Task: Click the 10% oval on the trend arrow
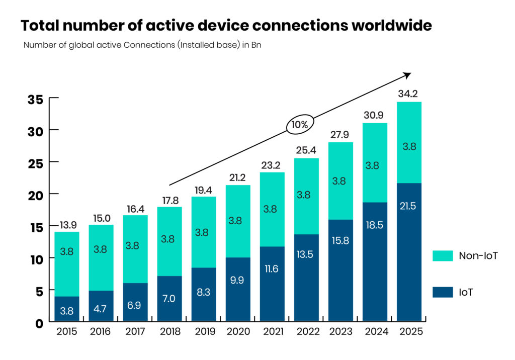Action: (300, 124)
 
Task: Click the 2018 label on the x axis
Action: (169, 332)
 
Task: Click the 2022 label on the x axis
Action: (306, 332)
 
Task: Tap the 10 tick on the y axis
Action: (35, 258)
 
